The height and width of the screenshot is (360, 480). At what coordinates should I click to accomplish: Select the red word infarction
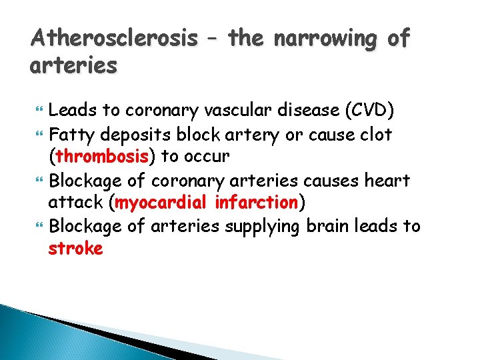[x=255, y=203]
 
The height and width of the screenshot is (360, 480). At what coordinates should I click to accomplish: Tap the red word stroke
[x=75, y=249]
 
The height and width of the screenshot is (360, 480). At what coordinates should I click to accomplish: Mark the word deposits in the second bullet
[x=133, y=134]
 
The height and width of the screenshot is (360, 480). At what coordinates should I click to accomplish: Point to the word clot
[x=377, y=134]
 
